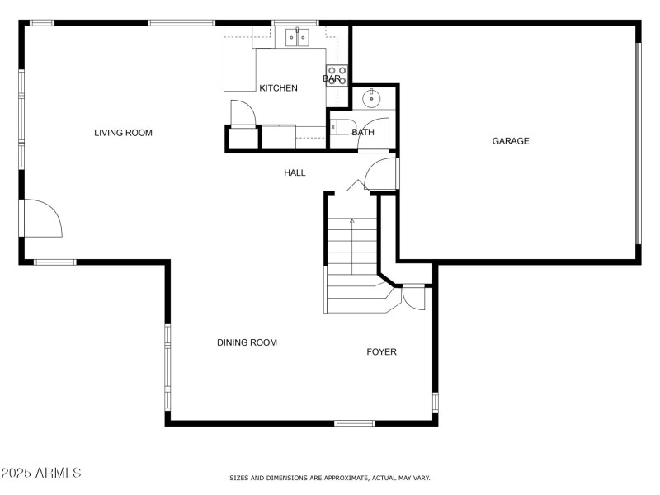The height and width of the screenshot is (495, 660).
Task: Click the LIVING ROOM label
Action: (123, 133)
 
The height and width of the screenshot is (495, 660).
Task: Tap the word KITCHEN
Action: (278, 88)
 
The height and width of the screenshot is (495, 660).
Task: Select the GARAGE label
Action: (511, 141)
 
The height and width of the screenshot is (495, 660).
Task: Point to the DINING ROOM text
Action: (247, 342)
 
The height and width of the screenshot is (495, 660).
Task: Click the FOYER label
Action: (381, 352)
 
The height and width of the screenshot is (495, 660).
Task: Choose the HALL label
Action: (295, 172)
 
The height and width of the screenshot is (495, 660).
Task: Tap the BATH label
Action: (363, 132)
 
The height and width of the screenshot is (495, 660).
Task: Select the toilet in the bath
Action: (338, 128)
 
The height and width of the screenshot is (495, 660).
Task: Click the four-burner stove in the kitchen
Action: (337, 76)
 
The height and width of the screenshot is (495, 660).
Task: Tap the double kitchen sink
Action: (296, 36)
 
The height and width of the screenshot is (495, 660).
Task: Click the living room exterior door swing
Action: (42, 218)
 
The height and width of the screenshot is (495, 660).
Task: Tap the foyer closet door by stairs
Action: (412, 297)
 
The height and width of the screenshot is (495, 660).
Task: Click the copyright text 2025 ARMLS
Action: (41, 474)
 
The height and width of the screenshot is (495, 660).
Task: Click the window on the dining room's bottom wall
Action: (354, 423)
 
